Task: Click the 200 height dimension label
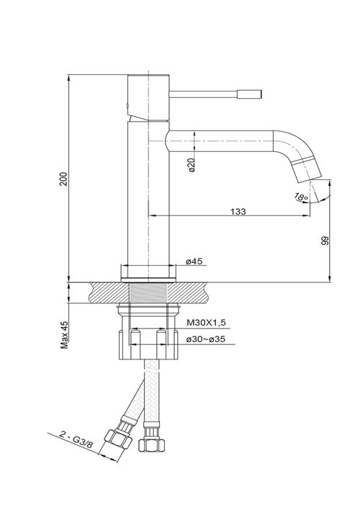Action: (63, 178)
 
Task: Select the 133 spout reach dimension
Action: (238, 211)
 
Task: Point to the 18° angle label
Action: (300, 195)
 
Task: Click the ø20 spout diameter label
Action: (192, 165)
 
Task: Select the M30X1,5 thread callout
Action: (205, 323)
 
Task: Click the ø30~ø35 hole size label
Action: (206, 339)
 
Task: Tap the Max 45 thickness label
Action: (64, 333)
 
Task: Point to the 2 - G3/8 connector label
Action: (76, 445)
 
